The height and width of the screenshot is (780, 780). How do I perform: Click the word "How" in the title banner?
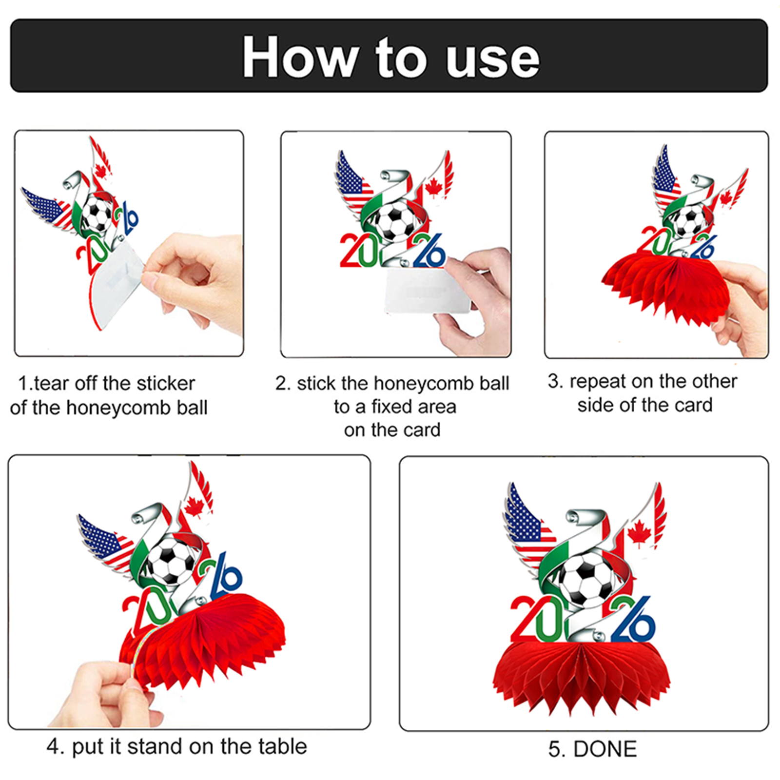pos(300,57)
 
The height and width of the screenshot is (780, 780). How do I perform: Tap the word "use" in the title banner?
pos(493,60)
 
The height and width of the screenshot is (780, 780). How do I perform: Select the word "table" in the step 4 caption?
pos(283,746)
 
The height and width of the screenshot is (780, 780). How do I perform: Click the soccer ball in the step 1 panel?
pos(97,213)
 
